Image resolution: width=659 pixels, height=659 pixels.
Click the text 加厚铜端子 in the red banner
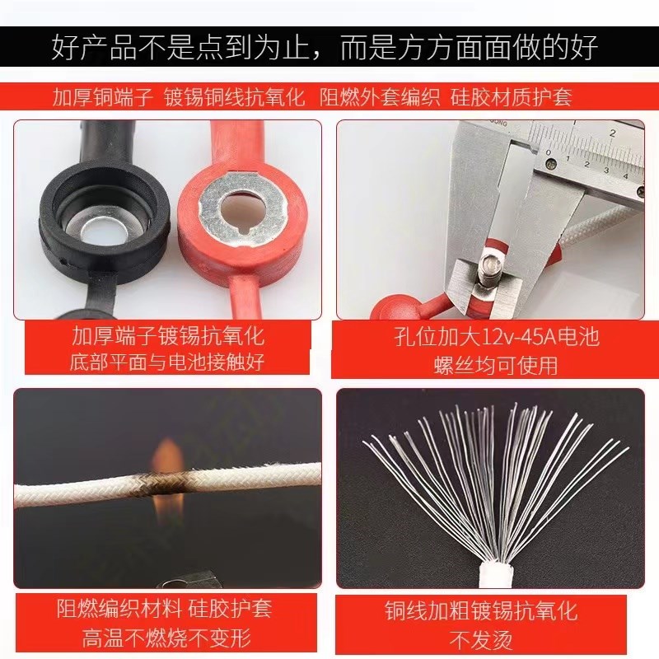[103, 97]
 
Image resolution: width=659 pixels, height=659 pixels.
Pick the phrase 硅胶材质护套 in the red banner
[511, 97]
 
